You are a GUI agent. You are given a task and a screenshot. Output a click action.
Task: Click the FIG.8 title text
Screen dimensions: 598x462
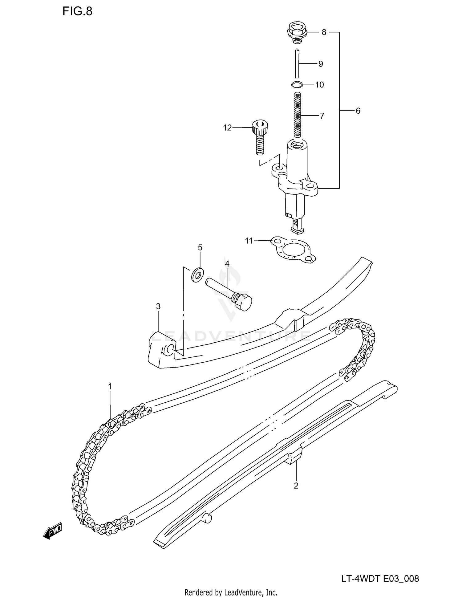click(x=77, y=11)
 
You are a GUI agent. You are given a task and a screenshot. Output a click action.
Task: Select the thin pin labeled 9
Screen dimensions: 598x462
click(x=297, y=63)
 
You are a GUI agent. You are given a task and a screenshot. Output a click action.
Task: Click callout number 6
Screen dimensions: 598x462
click(x=358, y=111)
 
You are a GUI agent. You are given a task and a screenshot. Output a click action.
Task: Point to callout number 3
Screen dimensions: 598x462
click(x=158, y=306)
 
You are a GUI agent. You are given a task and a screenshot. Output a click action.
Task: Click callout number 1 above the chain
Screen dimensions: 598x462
click(x=110, y=386)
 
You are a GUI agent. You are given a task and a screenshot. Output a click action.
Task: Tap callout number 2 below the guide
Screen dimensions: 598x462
click(x=296, y=486)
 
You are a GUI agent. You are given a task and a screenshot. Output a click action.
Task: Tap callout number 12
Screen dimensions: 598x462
click(x=227, y=128)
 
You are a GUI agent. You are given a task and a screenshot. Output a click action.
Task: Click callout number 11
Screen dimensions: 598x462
click(x=249, y=241)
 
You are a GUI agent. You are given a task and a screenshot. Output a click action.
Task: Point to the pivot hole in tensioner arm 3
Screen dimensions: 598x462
click(x=170, y=350)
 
